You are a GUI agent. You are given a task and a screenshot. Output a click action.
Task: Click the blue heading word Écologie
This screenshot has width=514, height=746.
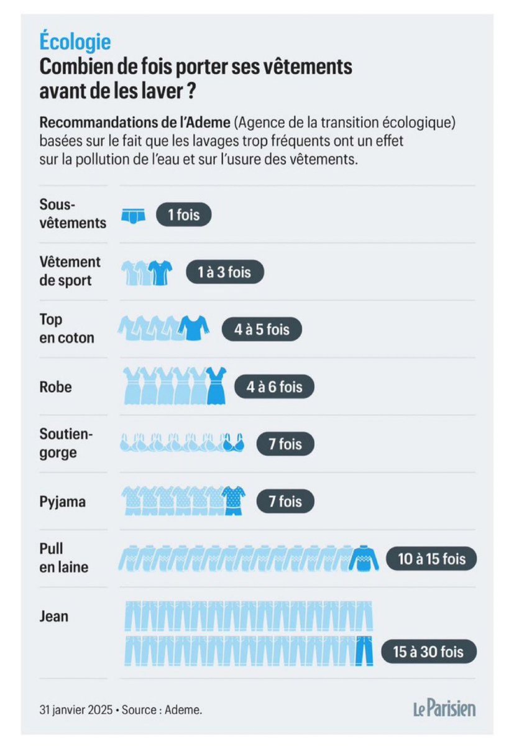pos(75,42)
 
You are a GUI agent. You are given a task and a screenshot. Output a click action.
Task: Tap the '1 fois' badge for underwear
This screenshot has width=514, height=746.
pos(184,214)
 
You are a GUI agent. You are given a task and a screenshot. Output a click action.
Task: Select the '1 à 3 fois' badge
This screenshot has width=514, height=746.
pos(226,272)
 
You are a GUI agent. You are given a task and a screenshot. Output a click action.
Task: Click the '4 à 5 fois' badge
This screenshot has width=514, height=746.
pos(262,329)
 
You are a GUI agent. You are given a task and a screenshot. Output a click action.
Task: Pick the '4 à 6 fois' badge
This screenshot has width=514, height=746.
pos(274,387)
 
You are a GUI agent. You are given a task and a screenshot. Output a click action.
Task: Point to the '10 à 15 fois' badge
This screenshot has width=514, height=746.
pos(431,558)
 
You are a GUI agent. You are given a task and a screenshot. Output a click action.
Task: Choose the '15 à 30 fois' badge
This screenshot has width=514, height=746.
pos(428,653)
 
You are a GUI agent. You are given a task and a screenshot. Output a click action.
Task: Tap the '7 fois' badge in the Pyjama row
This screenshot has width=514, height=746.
pos(285,501)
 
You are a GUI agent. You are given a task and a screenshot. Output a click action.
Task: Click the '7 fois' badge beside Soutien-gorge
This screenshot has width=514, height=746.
pos(285,444)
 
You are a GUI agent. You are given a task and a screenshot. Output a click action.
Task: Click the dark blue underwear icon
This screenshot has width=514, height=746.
pos(133,215)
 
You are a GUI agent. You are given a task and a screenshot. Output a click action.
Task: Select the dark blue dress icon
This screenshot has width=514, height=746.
pos(216,386)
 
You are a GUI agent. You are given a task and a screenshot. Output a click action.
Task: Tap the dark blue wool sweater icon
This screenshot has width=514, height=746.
pos(363,558)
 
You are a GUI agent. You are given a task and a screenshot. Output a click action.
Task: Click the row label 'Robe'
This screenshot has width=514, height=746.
pos(55,387)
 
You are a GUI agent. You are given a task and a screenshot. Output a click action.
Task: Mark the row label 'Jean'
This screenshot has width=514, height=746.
pos(54,616)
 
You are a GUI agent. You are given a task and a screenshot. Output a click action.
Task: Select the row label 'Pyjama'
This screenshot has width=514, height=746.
pos(62,501)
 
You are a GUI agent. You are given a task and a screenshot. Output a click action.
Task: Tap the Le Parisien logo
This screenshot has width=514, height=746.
pos(444,708)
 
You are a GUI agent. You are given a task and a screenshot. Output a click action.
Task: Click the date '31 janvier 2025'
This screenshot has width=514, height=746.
pos(75,709)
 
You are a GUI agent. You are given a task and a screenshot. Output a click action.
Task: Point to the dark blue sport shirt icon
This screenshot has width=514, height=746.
pos(160,272)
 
